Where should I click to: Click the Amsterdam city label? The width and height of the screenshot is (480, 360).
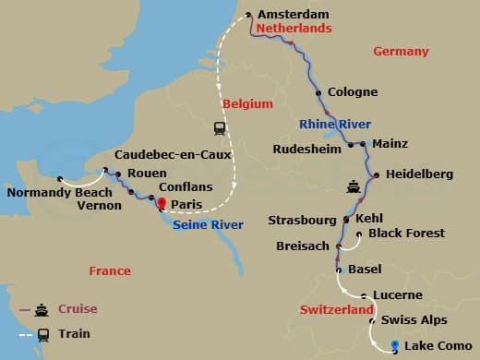point(294,15)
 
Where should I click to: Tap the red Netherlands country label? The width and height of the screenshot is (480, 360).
point(294,30)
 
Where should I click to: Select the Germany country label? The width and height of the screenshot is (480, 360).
point(401,52)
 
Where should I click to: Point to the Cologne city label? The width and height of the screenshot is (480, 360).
point(353,92)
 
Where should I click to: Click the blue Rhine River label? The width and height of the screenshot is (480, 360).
point(334,124)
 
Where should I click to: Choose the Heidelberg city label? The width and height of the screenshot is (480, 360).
point(420,174)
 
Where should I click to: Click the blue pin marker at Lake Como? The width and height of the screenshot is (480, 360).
point(394,345)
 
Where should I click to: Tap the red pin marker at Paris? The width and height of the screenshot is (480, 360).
point(162,204)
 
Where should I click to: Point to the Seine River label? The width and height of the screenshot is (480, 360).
point(208,225)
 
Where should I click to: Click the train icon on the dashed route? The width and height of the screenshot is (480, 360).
point(220,128)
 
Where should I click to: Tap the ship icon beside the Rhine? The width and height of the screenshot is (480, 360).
point(354,185)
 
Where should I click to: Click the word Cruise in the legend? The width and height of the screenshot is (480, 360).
point(78,309)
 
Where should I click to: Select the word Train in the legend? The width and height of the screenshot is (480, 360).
point(75,334)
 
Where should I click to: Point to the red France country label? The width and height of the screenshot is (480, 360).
point(109,270)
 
